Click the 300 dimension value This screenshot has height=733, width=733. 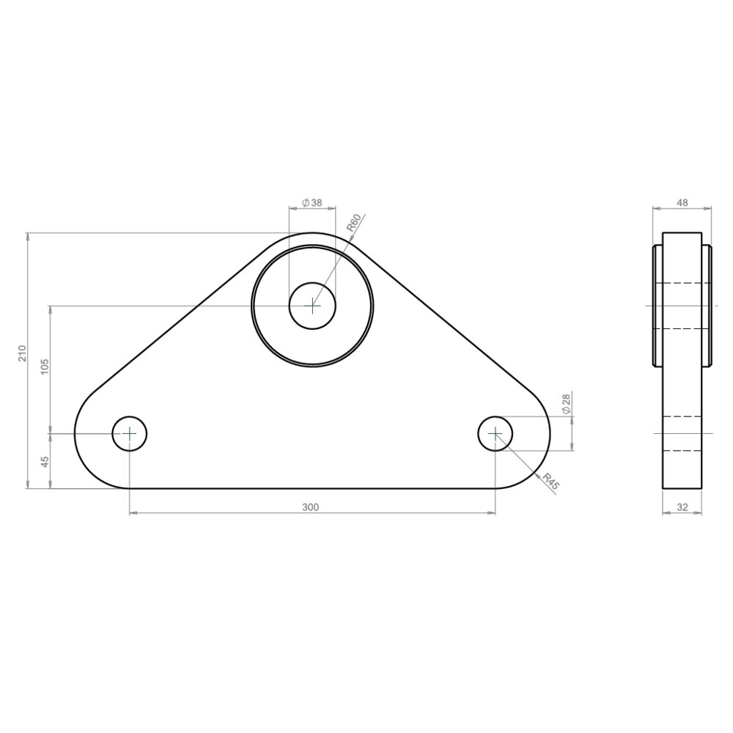(x=312, y=507)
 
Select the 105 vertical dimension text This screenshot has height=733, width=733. (x=45, y=366)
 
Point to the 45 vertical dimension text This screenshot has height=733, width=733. (x=45, y=462)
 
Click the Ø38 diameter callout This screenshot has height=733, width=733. (x=312, y=202)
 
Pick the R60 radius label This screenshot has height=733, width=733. (x=354, y=223)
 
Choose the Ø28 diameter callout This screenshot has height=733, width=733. (x=566, y=404)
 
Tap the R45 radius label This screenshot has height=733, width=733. (x=550, y=482)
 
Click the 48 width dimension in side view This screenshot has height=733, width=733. (x=682, y=202)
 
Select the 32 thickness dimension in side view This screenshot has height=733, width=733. (x=682, y=507)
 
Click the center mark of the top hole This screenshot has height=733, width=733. (x=313, y=305)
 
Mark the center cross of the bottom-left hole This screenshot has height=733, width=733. (x=130, y=434)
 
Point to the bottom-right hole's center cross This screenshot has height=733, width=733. (x=496, y=434)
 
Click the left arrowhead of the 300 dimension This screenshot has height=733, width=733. (x=133, y=513)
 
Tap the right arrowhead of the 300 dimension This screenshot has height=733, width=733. (x=492, y=513)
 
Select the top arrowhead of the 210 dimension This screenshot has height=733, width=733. (x=28, y=236)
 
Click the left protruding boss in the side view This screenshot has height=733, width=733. (x=657, y=305)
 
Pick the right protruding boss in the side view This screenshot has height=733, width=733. (x=707, y=305)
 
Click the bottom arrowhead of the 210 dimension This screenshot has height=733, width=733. (x=28, y=485)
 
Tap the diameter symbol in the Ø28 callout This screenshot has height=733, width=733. (x=566, y=412)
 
